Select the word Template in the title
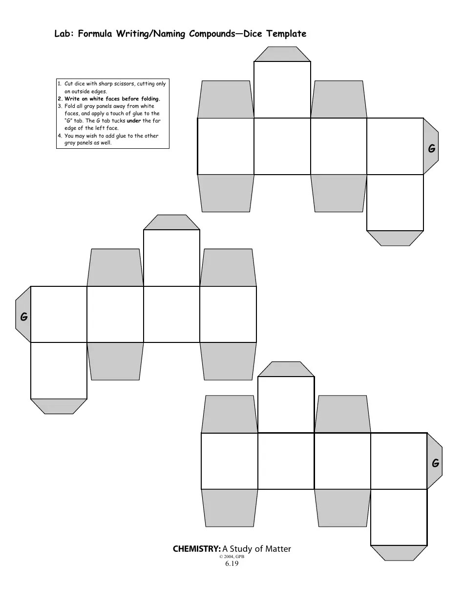(x=286, y=34)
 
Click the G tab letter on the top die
(x=431, y=149)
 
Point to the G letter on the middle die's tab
(x=24, y=317)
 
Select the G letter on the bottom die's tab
(x=435, y=463)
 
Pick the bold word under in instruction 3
(x=134, y=120)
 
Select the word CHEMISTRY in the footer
(x=197, y=549)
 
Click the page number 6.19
(x=232, y=563)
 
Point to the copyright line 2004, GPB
(x=232, y=557)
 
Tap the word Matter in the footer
(x=278, y=549)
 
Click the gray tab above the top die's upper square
(x=282, y=54)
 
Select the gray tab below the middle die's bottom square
(x=59, y=406)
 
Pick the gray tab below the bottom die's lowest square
(x=399, y=553)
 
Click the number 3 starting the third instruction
(x=60, y=106)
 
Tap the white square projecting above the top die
(x=282, y=90)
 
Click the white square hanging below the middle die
(x=59, y=371)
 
